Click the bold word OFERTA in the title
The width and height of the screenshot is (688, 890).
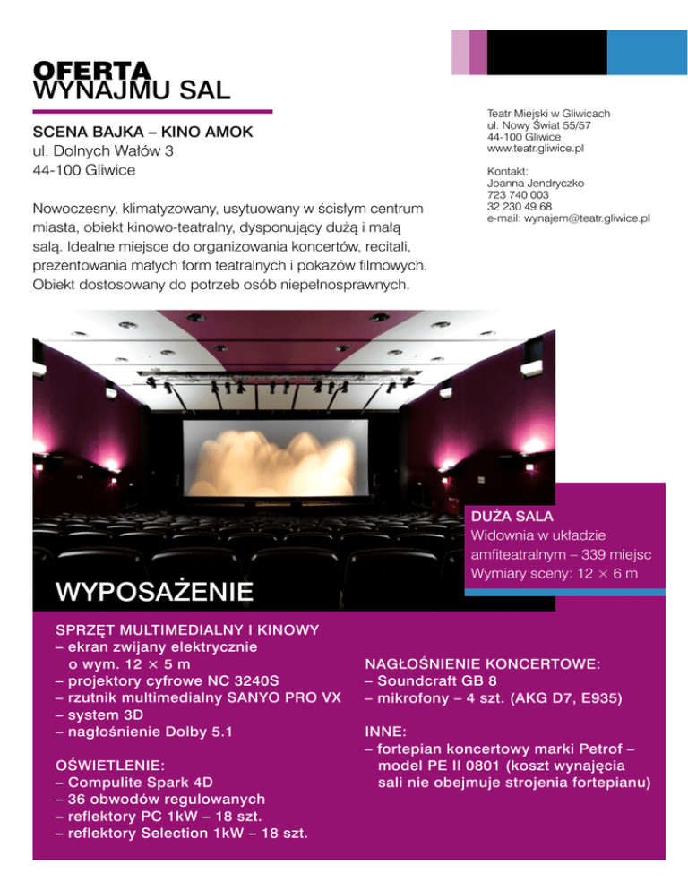(x=90, y=70)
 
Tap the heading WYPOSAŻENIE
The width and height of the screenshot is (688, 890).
(x=153, y=591)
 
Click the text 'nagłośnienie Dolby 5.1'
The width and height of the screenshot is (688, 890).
(x=143, y=732)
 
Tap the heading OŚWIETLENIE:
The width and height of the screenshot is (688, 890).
(x=109, y=766)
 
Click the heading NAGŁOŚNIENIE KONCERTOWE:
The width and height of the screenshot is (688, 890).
(x=482, y=664)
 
